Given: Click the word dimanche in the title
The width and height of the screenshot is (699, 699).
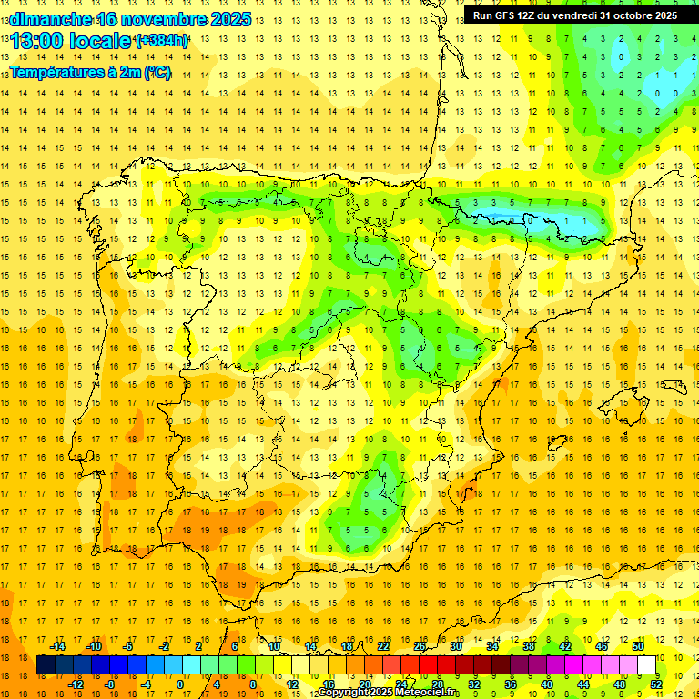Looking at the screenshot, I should coord(51,19).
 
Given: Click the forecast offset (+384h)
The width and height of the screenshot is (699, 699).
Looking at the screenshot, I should coord(162,41).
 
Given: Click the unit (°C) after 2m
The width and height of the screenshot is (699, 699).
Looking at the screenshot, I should coord(156,72).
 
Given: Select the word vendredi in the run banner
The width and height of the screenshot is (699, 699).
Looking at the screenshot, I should coord(575,15).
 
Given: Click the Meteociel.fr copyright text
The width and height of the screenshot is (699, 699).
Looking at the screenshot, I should coord(389,693).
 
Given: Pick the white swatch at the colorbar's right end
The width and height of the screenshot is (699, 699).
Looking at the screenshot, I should coord(646,665).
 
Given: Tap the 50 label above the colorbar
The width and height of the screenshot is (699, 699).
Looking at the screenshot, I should coord(638,646).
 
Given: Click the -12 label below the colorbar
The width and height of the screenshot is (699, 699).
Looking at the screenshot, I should coord(76,684).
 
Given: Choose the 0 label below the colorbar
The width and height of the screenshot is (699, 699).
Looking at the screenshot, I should coord(181,684).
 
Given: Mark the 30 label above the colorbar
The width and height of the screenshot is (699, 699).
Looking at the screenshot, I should coord(456,646).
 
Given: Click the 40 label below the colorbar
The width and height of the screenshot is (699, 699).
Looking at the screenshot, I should coord(546,684).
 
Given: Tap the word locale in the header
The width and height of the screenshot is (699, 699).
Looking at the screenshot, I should coord(100,42).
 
